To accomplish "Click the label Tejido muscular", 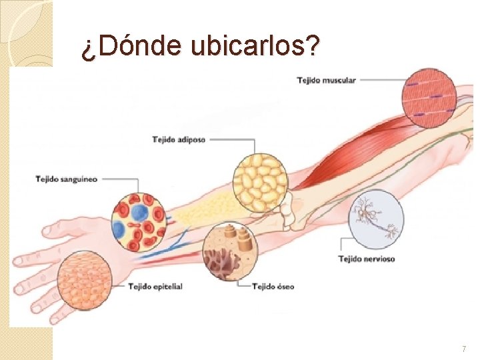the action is click(327, 81).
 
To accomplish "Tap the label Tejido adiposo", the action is click(179, 140).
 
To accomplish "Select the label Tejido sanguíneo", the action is click(67, 179).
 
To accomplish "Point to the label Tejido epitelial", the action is click(155, 287).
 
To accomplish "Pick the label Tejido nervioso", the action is click(367, 259).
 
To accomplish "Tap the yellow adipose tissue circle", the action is click(260, 181).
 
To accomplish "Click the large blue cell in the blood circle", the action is click(139, 211).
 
